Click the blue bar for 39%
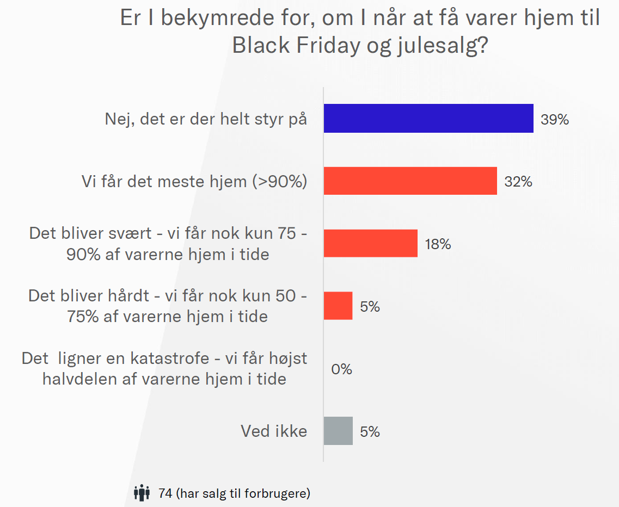pos(428,118)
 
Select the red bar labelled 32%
pos(410,181)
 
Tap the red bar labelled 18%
pos(370,243)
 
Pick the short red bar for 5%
pos(338,306)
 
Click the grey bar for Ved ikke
pos(338,431)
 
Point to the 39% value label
pos(554,119)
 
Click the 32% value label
pos(518,182)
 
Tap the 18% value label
pos(438,244)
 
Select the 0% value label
pos(341,369)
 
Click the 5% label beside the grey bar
pos(370,432)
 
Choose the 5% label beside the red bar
pos(370,307)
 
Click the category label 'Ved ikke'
pos(274,431)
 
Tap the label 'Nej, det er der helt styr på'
pos(206,119)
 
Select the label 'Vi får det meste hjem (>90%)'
pos(194,181)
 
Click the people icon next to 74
pos(142,493)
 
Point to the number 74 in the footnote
pos(165,493)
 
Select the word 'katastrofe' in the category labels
pos(185,358)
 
